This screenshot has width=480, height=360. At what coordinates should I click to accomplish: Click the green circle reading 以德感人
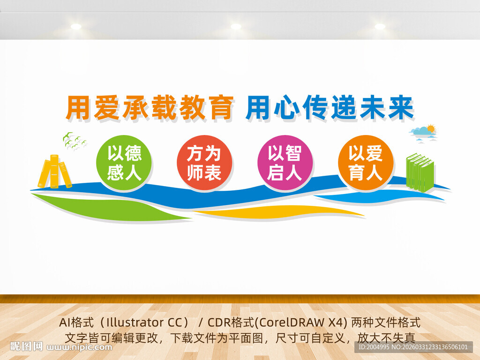pos(124,163)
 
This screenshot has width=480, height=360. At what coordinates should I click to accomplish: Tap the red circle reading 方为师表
pos(204,163)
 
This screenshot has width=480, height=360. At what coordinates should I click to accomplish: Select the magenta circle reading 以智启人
pos(285,162)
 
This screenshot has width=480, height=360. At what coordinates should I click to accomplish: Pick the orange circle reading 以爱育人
pos(365,162)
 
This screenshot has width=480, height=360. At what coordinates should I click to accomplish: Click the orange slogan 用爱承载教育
pos(150,108)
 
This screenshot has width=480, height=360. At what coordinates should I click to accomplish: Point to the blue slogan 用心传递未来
pos(330,108)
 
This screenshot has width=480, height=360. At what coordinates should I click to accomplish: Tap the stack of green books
pos(420,172)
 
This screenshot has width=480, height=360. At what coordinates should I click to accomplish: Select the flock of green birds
pos(75,141)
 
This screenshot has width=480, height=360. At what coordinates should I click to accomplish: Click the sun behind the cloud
pos(431,128)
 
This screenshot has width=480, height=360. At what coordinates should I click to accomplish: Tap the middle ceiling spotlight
pos(236,26)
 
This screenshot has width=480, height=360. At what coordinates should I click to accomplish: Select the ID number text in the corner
pos(412,347)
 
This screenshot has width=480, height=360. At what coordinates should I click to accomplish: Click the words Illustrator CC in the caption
pos(141,323)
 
